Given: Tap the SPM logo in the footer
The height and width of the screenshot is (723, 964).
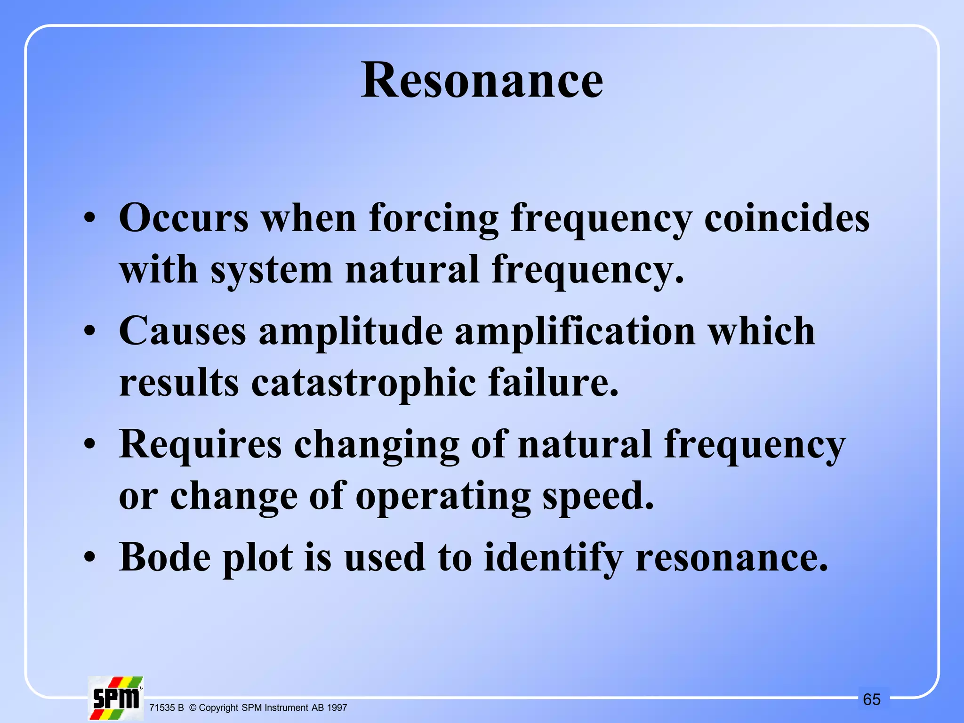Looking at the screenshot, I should (116, 698).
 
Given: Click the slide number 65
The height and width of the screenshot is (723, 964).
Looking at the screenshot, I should (872, 699).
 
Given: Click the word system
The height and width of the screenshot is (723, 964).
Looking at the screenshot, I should (272, 270).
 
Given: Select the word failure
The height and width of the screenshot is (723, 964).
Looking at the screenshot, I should (554, 382).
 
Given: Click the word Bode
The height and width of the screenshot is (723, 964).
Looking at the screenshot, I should (165, 557).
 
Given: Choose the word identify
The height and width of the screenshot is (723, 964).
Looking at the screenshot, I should (554, 557).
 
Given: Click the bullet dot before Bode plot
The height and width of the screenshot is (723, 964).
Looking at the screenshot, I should (90, 558).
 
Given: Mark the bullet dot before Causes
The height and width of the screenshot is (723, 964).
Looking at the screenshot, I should (90, 332).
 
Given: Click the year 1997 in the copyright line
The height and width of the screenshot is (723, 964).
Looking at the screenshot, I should (337, 707).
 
